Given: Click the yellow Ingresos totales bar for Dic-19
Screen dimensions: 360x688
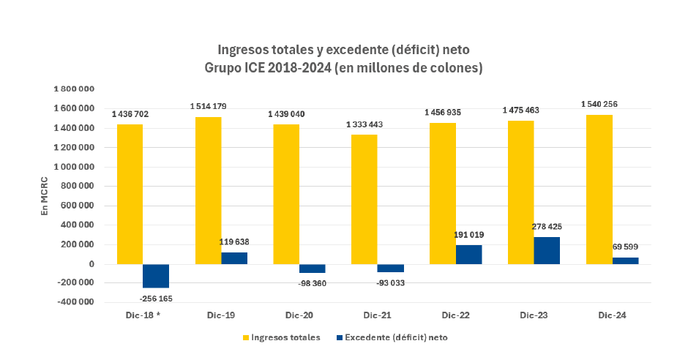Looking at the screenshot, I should (x=208, y=190).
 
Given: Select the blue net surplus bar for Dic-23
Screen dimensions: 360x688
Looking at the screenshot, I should (x=547, y=250).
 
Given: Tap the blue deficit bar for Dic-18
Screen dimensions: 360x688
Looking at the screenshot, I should (x=155, y=276).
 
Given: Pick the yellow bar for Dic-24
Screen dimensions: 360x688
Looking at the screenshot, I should (x=599, y=189).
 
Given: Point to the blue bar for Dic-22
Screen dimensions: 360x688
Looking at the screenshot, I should (x=468, y=255).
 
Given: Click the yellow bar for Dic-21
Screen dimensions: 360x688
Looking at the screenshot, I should (x=364, y=199).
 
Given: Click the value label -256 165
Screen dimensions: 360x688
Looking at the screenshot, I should (x=156, y=299).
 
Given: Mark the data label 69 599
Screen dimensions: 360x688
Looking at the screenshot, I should (x=627, y=248).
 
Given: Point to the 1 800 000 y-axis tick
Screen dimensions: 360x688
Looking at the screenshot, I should (x=74, y=89).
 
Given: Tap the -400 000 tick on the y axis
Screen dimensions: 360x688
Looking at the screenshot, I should (x=74, y=302).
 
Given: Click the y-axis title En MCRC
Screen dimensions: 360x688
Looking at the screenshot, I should (x=45, y=195).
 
